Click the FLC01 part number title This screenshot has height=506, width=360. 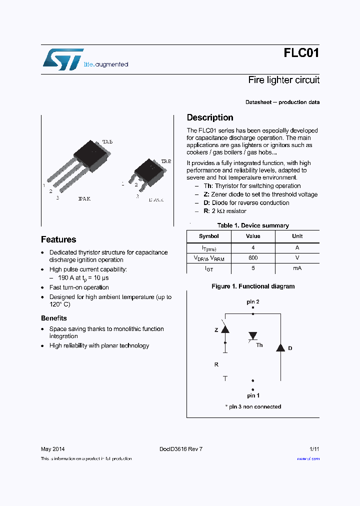[301, 53]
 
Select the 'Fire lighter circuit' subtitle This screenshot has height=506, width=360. [283, 80]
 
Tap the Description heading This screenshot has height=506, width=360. [210, 117]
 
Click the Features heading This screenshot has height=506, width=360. [58, 239]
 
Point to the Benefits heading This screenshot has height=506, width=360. [53, 318]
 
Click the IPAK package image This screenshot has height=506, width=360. [80, 165]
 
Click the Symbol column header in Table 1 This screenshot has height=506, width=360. [208, 236]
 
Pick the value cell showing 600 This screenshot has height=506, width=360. [253, 257]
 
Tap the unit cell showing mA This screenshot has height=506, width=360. [297, 268]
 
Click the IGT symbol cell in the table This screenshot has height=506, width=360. [208, 268]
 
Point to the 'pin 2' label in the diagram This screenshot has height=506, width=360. [253, 302]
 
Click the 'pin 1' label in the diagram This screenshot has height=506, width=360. [253, 395]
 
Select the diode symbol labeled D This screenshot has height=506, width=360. [280, 347]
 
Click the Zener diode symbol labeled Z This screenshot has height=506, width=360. [225, 329]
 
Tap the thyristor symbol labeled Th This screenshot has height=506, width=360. [253, 337]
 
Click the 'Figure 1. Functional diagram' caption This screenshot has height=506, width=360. [253, 286]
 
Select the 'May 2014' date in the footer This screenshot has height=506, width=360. [52, 449]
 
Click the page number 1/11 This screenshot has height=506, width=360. [314, 449]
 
